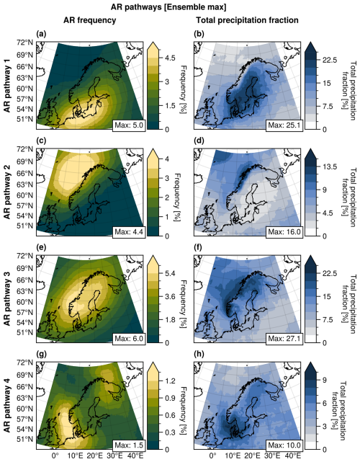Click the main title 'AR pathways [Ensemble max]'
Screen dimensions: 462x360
[179, 6]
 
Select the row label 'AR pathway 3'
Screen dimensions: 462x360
[8, 299]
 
